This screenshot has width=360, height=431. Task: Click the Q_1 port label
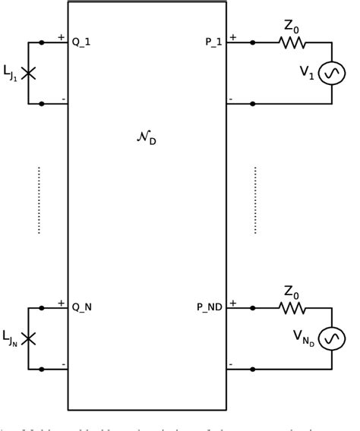(81, 42)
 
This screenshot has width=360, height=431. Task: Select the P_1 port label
(213, 42)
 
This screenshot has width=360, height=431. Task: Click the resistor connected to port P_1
(292, 42)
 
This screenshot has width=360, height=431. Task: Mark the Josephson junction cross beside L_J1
(29, 73)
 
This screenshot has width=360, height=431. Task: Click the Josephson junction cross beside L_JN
(29, 338)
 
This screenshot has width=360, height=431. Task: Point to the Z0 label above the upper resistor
(292, 27)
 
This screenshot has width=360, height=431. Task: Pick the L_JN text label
(11, 338)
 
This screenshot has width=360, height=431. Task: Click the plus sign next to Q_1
(61, 36)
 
